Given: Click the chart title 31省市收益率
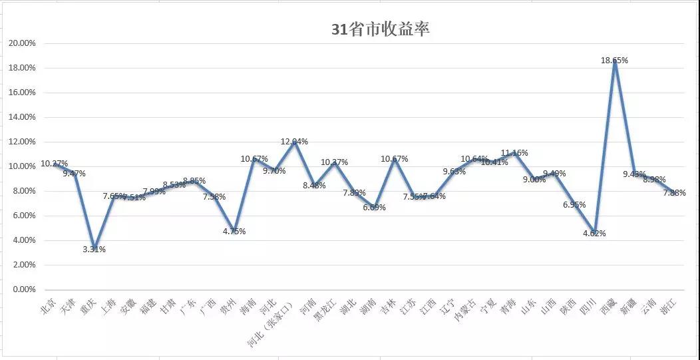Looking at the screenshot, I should tap(381, 29).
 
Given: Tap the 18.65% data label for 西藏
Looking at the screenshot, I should tap(614, 60).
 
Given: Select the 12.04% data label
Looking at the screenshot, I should tap(294, 142).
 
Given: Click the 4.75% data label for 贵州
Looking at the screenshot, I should tap(233, 232).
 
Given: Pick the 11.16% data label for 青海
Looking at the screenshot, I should tap(514, 153).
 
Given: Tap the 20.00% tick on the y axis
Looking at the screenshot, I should tap(22, 43).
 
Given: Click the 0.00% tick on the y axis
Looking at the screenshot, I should tap(24, 289).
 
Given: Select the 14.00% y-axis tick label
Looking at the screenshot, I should tap(22, 117).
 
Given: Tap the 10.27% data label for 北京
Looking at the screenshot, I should tap(54, 163).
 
